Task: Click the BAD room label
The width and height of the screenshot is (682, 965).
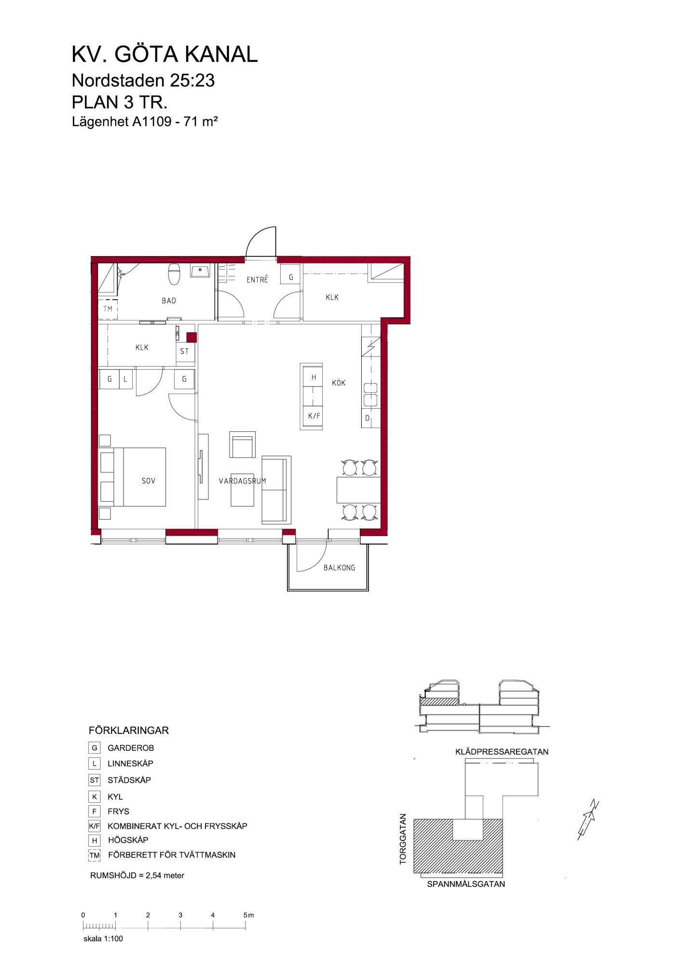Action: point(169,301)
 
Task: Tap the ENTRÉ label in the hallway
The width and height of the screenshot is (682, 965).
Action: point(257,279)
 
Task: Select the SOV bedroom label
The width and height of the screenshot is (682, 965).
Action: point(149,481)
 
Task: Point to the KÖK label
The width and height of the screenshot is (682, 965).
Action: point(339,383)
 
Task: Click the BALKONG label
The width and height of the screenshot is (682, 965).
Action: point(340,567)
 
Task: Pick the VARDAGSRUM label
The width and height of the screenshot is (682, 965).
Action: point(243,481)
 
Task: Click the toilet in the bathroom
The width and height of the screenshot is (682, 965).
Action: point(174,274)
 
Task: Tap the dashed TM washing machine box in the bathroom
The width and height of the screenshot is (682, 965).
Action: point(108,309)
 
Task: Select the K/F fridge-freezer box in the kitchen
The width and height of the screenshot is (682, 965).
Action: point(314,414)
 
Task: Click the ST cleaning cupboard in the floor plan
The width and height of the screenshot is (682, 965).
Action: point(185,351)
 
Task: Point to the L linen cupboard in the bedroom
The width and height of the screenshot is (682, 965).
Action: point(125,379)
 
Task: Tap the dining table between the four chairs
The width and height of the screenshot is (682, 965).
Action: point(358,489)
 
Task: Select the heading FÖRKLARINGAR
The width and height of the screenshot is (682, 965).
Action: point(129,731)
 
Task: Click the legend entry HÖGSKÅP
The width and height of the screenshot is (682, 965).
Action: point(128,840)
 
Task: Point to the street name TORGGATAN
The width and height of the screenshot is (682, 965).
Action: point(403,839)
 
